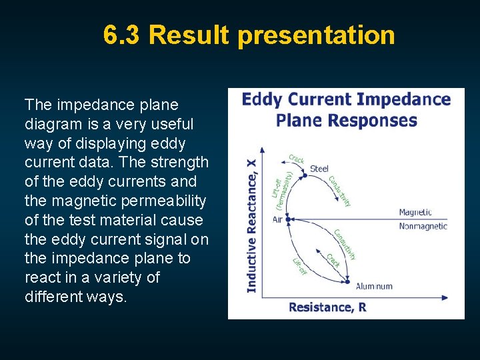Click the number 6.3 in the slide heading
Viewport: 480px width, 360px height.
(x=122, y=35)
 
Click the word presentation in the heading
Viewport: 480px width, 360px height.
(x=316, y=35)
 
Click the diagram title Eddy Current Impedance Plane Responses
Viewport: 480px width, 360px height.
(x=346, y=110)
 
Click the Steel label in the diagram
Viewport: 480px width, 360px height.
(x=319, y=169)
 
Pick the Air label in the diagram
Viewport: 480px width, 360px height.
(x=277, y=219)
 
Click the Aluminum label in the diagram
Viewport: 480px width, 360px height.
(x=374, y=286)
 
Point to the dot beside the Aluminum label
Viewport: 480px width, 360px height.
(x=347, y=281)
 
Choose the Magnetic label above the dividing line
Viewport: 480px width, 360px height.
(x=415, y=213)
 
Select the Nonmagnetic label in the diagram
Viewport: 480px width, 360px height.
(x=423, y=226)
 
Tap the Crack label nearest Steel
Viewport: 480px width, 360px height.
(x=296, y=159)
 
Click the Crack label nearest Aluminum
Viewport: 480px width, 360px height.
(x=333, y=261)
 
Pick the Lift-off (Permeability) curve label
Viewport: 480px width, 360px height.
(x=282, y=189)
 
